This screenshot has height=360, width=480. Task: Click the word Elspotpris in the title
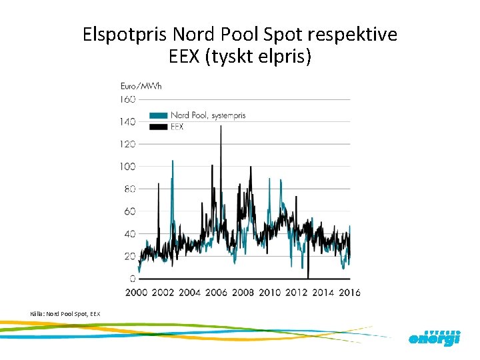click(x=125, y=34)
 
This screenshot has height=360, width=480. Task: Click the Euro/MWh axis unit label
click(x=141, y=85)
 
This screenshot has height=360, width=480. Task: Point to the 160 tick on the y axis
click(x=127, y=99)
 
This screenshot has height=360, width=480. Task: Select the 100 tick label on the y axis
click(x=127, y=166)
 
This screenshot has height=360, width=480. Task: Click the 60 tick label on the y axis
click(x=129, y=211)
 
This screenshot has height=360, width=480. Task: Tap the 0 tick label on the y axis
click(x=132, y=279)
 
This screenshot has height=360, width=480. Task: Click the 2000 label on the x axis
click(x=136, y=292)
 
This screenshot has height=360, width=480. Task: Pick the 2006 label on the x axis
click(x=217, y=292)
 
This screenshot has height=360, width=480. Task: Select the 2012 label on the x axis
click(x=297, y=292)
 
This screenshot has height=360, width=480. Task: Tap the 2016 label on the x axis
click(x=350, y=292)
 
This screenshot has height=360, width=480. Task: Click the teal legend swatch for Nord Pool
click(x=159, y=115)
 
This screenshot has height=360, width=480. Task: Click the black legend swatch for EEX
click(x=159, y=126)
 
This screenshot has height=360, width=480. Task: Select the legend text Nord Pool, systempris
click(x=208, y=115)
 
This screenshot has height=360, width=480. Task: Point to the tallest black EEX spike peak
click(x=221, y=127)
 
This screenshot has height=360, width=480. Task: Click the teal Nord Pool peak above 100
click(x=173, y=161)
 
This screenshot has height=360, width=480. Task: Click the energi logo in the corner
click(x=434, y=338)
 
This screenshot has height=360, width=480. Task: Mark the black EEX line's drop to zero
click(x=308, y=276)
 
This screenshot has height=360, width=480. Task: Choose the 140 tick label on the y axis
click(x=127, y=121)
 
